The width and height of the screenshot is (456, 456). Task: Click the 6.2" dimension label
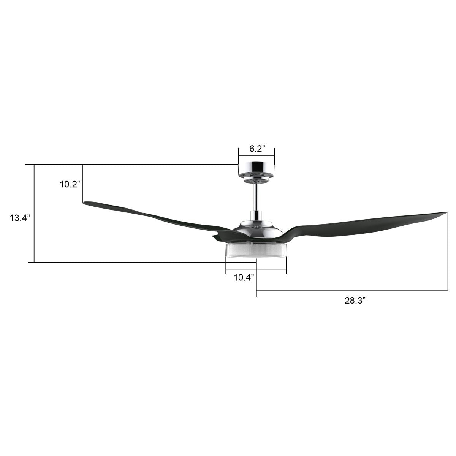coord(256,149)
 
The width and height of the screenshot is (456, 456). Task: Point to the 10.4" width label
coord(244,277)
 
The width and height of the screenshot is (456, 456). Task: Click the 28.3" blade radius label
coord(355,301)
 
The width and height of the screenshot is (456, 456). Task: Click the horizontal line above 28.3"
coord(351,291)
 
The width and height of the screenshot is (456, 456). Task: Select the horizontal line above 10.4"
coord(256,269)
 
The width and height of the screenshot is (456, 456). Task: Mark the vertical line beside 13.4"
coord(34,213)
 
